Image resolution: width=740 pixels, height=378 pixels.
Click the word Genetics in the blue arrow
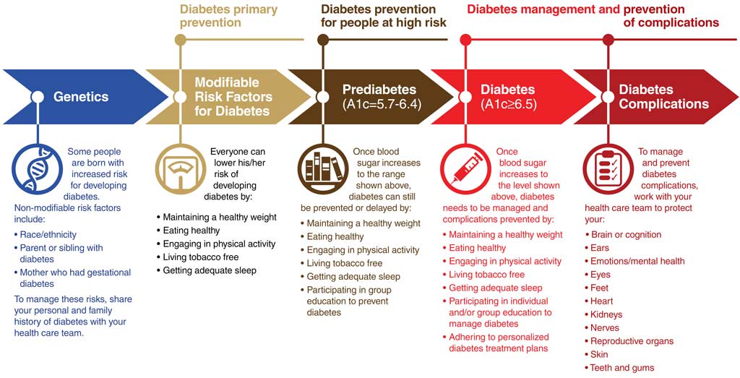coord(81,97)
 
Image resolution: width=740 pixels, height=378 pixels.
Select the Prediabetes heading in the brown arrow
coord(379,90)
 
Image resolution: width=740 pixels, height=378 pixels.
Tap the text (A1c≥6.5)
coord(509,104)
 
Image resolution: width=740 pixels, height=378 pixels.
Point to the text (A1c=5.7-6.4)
coord(382,104)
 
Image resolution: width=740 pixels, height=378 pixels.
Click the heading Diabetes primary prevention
coord(229,16)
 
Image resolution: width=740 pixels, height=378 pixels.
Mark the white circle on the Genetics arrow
coord(38,97)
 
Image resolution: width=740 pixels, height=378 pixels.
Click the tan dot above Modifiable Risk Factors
coord(180,40)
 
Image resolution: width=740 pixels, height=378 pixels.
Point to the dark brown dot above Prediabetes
coord(323,40)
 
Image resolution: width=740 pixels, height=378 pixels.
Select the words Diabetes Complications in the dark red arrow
coord(663,97)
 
